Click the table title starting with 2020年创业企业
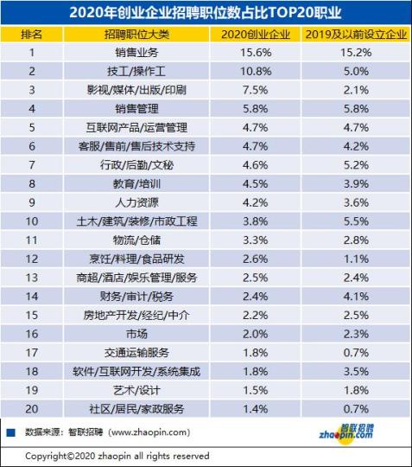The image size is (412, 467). (206, 12)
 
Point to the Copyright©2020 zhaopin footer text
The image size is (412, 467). (117, 455)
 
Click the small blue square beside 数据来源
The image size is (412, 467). (10, 430)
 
